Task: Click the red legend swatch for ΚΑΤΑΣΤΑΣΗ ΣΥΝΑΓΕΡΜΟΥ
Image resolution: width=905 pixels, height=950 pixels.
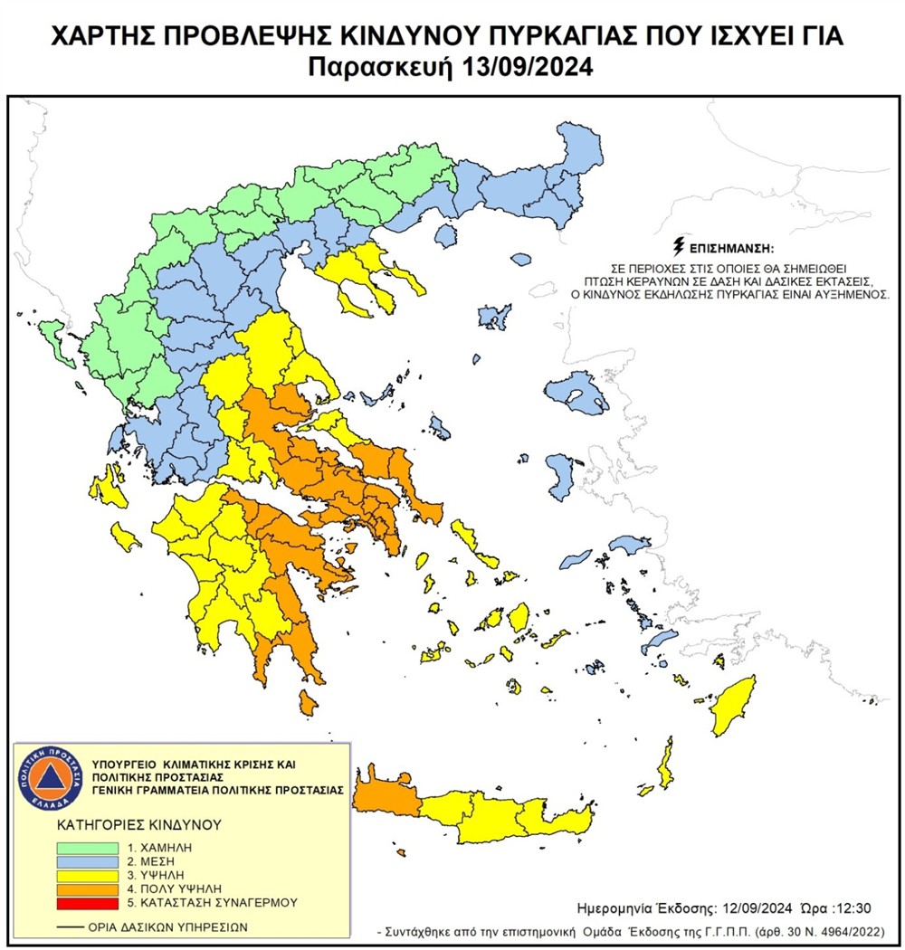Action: click(x=87, y=902)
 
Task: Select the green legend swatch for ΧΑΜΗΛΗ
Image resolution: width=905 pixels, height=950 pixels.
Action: click(x=87, y=848)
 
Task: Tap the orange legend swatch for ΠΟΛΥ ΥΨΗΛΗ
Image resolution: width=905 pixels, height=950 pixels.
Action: click(x=87, y=888)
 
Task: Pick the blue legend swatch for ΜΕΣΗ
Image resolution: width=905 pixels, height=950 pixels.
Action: click(x=87, y=861)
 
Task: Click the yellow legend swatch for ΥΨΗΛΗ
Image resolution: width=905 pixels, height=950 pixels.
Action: click(x=87, y=875)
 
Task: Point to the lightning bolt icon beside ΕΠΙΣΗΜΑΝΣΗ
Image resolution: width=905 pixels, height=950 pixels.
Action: click(x=680, y=245)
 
